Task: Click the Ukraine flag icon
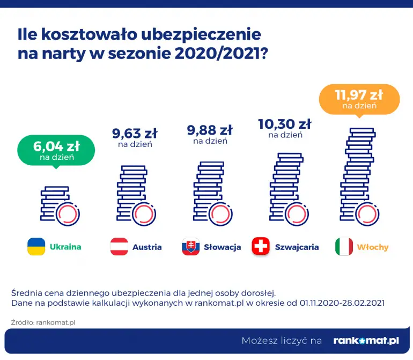tap(36, 247)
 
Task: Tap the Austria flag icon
tap(119, 247)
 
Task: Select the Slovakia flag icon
tap(190, 247)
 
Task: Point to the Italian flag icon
tap(344, 247)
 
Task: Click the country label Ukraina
tap(65, 247)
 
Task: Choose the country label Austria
tap(147, 247)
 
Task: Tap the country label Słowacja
tap(223, 247)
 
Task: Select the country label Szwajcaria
tap(297, 247)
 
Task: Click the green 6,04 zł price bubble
tap(56, 150)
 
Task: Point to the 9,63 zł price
tap(135, 134)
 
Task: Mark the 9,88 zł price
tap(210, 130)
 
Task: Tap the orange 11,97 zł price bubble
tap(359, 99)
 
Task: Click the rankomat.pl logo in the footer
tap(366, 340)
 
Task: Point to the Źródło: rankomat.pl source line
tap(43, 322)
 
